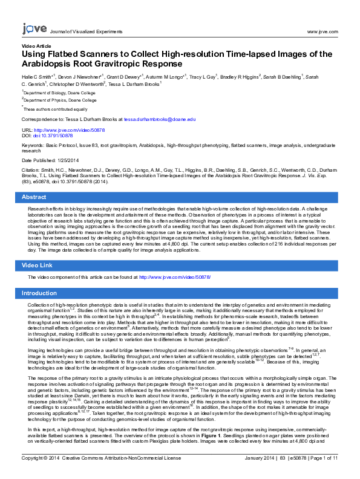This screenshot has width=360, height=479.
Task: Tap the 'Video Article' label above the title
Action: [x=36, y=46]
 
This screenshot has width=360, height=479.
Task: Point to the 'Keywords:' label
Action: [x=33, y=146]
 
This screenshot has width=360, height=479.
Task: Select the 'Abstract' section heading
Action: [x=34, y=197]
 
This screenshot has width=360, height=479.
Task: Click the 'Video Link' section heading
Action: [x=38, y=266]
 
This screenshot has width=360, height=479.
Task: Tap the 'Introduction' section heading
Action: [x=39, y=293]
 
